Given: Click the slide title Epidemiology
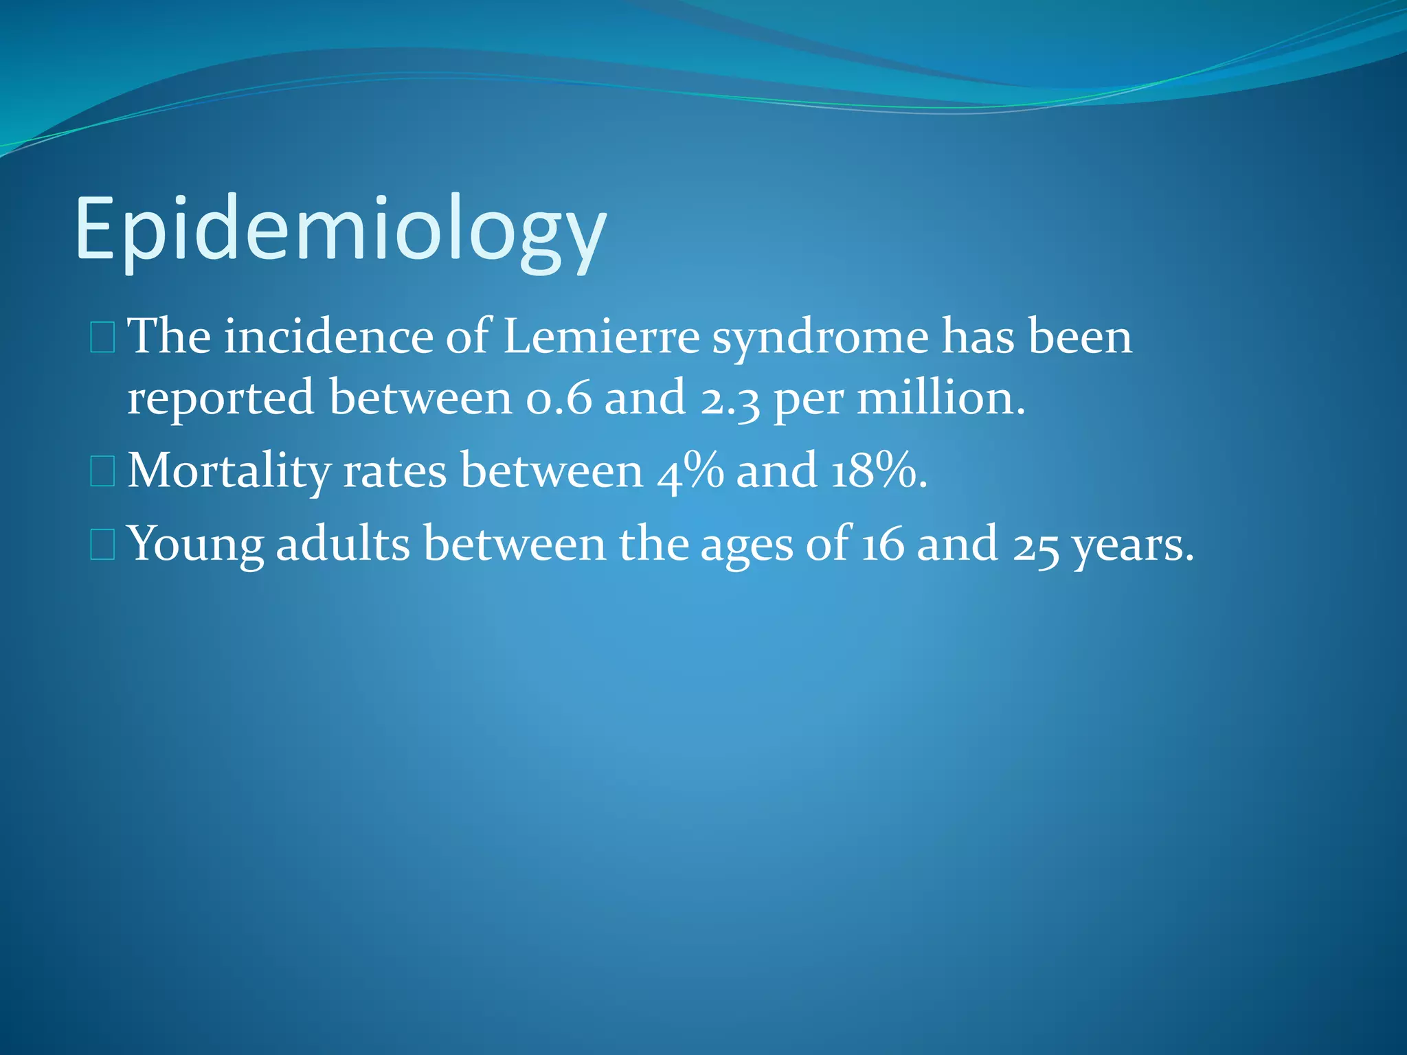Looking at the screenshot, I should coord(340,229).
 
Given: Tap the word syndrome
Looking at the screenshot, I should coord(820,338).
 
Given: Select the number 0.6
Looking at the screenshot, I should coord(558,398).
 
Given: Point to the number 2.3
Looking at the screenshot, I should coord(730,398).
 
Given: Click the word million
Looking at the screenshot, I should coord(940,398).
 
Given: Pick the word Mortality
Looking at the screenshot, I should coord(229,471).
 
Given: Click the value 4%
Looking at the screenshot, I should coord(690,471).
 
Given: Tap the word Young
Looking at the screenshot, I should coord(196,545).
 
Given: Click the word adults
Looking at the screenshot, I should coord(343,543).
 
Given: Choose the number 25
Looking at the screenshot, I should coord(1036,545).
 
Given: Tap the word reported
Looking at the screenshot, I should coord(221,398).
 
